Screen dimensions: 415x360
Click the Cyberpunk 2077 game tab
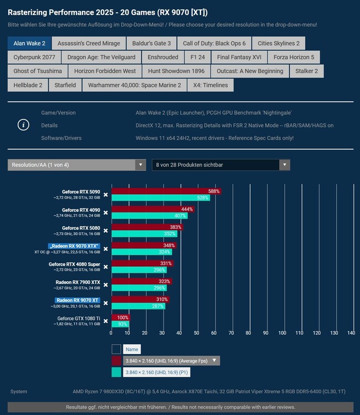pyautogui.click(x=34, y=57)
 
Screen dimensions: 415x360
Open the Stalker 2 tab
pyautogui.click(x=307, y=71)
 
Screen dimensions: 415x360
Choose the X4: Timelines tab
pyautogui.click(x=210, y=85)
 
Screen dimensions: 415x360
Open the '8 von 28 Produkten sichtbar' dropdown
pyautogui.click(x=221, y=165)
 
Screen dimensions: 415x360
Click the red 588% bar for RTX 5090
pyautogui.click(x=166, y=191)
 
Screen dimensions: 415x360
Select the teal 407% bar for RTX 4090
pyautogui.click(x=150, y=216)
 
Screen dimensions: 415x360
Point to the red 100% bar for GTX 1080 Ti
pyautogui.click(x=120, y=318)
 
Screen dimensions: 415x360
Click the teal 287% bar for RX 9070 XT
pyautogui.click(x=138, y=306)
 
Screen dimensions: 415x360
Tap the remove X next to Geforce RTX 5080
pyautogui.click(x=105, y=231)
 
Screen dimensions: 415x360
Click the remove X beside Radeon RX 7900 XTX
pyautogui.click(x=105, y=285)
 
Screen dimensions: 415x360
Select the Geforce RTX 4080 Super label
pyautogui.click(x=74, y=264)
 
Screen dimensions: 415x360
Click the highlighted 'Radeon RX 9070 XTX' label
pyautogui.click(x=74, y=246)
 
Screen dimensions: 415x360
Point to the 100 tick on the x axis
pyautogui.click(x=282, y=333)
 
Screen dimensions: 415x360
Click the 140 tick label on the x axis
pyautogui.click(x=351, y=333)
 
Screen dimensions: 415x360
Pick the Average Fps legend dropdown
pyautogui.click(x=171, y=361)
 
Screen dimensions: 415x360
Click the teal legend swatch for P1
pyautogui.click(x=116, y=373)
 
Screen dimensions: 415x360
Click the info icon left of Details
pyautogui.click(x=23, y=125)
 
